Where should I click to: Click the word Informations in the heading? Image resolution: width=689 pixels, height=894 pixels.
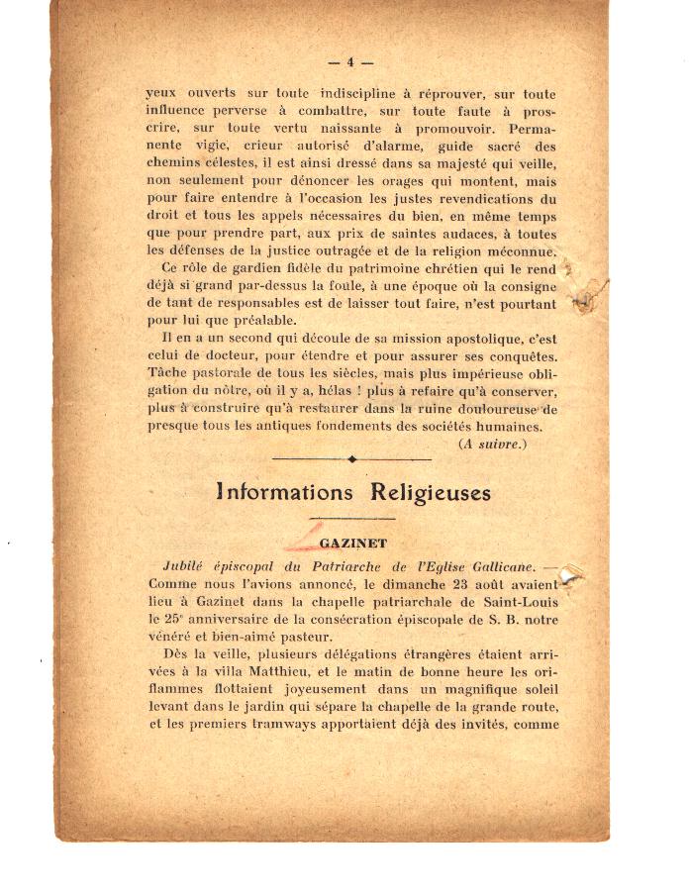284,492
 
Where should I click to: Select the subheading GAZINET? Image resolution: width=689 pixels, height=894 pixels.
352,544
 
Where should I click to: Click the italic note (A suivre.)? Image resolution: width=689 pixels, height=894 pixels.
492,444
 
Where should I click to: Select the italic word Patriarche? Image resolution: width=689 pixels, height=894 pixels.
340,566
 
